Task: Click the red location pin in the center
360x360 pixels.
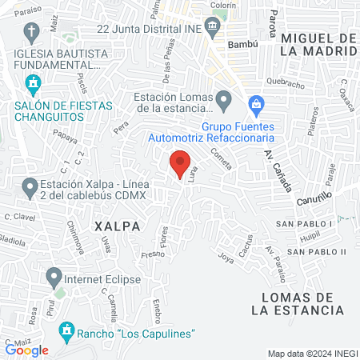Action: pyautogui.click(x=180, y=163)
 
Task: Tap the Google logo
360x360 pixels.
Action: pyautogui.click(x=26, y=349)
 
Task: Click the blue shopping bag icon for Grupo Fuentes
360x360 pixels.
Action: pyautogui.click(x=255, y=102)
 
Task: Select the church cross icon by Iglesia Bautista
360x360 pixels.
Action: pyautogui.click(x=32, y=33)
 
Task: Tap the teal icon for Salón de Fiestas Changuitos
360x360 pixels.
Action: pyautogui.click(x=32, y=82)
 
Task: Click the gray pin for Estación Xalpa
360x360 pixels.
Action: pyautogui.click(x=30, y=189)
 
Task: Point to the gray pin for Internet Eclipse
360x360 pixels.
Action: pyautogui.click(x=54, y=279)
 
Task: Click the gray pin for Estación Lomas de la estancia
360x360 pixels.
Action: pyautogui.click(x=224, y=101)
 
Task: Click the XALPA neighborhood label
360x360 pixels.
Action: pyautogui.click(x=117, y=226)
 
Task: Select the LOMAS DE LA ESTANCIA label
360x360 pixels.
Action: pyautogui.click(x=303, y=303)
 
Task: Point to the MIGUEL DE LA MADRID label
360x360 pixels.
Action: pyautogui.click(x=318, y=45)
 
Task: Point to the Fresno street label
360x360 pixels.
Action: pyautogui.click(x=151, y=255)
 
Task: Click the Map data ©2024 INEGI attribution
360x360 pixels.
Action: pyautogui.click(x=312, y=354)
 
